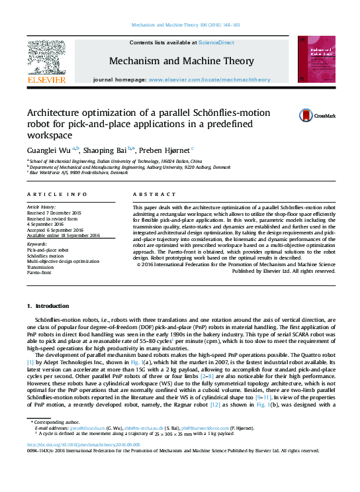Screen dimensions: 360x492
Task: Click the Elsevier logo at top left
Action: pos(46,64)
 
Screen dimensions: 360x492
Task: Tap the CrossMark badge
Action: pos(306,115)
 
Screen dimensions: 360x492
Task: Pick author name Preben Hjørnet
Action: pos(165,150)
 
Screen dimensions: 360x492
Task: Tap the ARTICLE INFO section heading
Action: pos(58,194)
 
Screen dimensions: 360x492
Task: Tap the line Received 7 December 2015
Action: pos(54,213)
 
